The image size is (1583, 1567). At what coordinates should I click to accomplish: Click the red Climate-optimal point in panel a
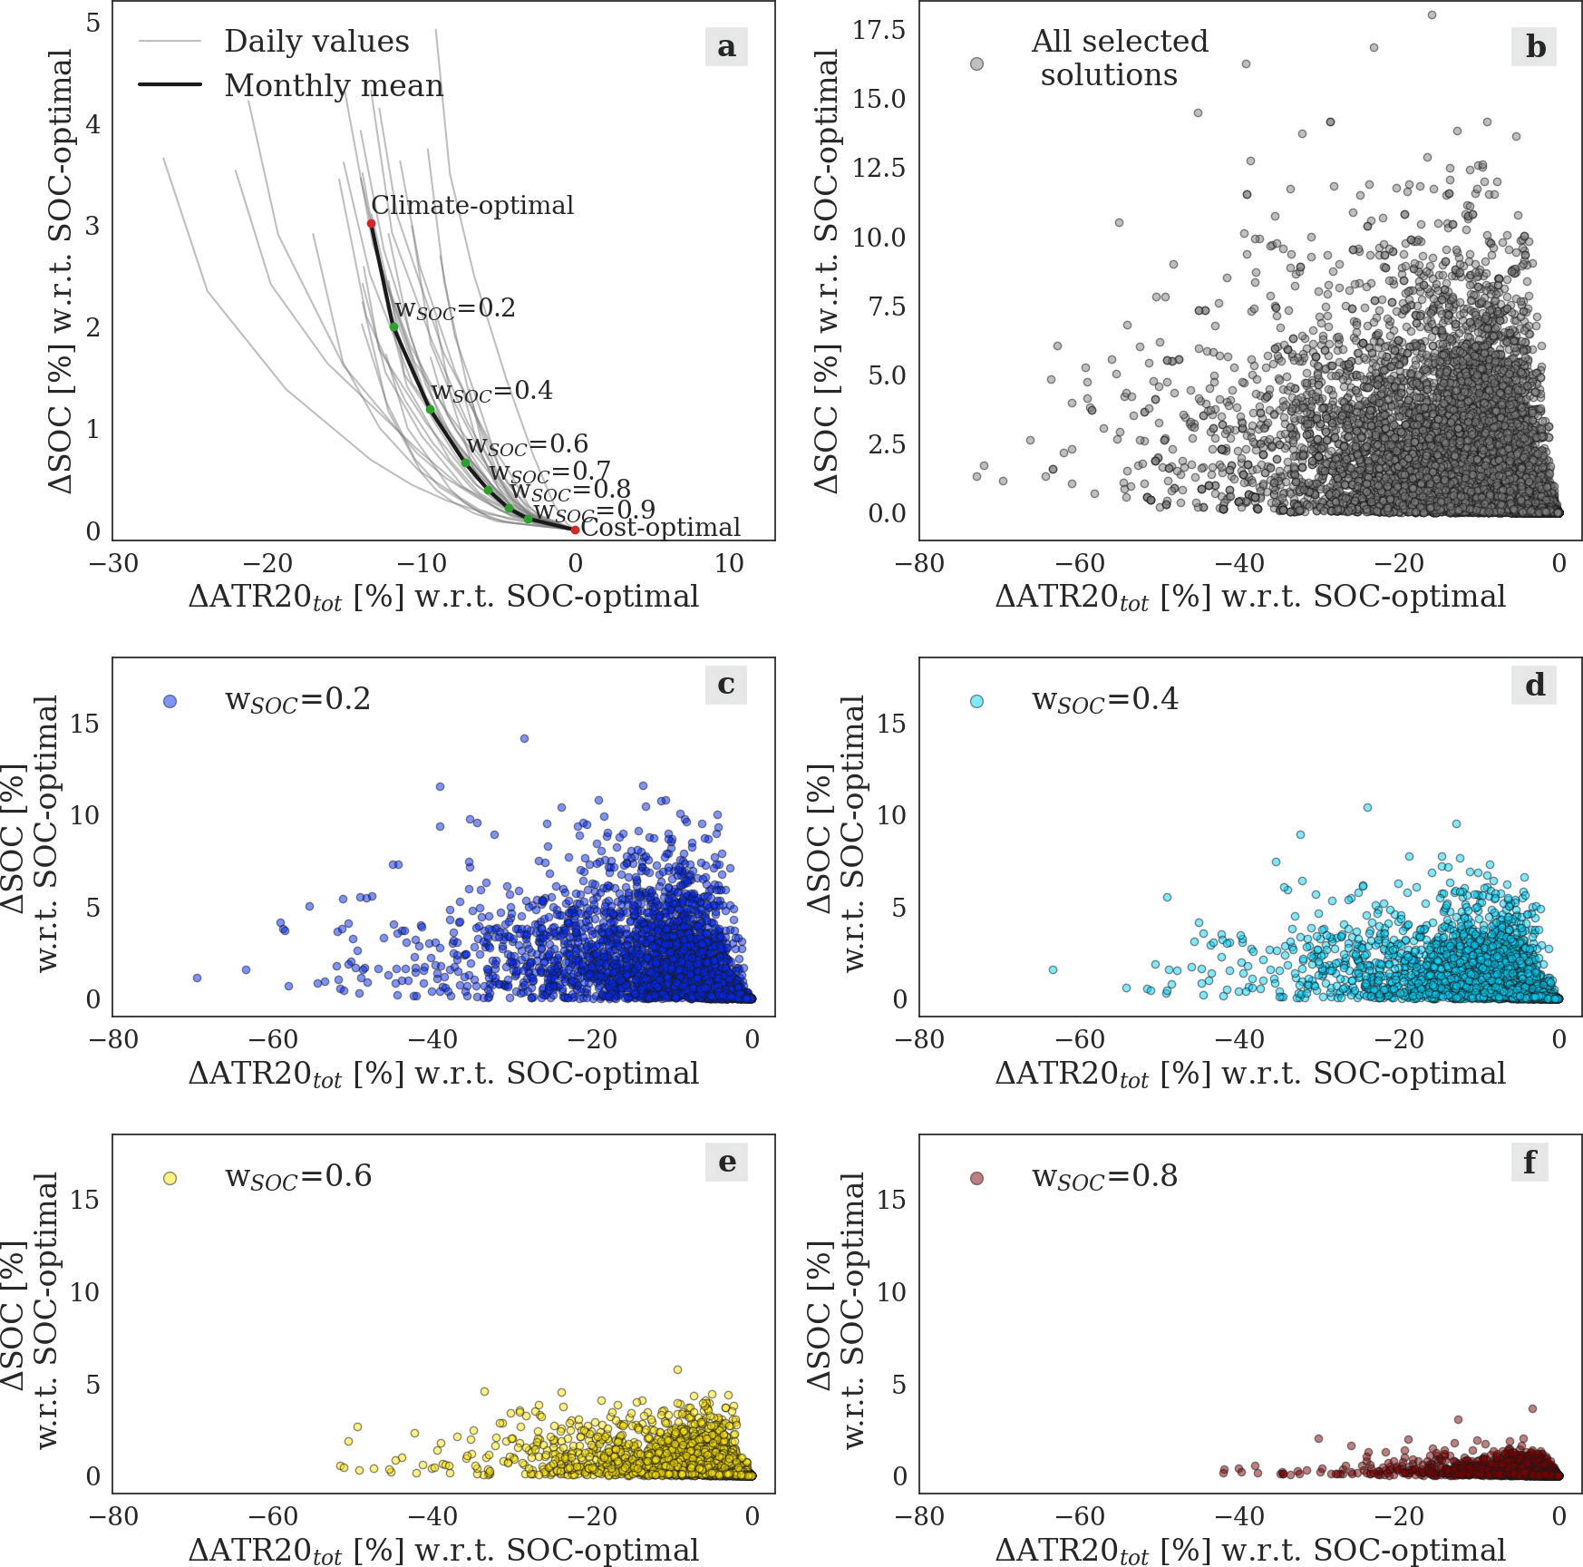coord(372,223)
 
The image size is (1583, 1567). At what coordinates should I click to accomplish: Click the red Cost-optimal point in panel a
coord(575,530)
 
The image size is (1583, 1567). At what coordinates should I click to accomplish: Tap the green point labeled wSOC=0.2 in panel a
coord(393,326)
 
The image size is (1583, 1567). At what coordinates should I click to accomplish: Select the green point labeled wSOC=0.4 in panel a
coord(431,409)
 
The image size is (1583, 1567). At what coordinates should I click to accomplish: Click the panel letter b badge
coord(1534,46)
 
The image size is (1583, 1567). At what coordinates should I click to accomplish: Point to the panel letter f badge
coord(1530,1162)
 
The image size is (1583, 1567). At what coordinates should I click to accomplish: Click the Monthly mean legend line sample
coord(170,85)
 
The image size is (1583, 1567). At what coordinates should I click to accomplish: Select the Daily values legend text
coord(316,42)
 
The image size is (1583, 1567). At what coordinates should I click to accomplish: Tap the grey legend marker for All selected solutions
coord(976,63)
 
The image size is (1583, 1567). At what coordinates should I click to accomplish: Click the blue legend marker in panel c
coord(170,701)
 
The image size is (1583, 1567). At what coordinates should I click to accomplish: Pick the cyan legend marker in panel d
coord(976,701)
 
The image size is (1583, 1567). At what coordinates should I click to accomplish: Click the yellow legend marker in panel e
coord(170,1178)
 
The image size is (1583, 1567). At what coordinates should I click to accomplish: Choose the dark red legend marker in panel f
coord(976,1178)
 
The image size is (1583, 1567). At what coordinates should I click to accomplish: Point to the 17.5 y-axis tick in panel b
coord(879,31)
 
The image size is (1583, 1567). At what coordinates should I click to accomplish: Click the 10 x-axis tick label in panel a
coord(729,564)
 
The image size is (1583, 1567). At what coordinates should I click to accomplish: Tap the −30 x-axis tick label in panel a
coord(113,564)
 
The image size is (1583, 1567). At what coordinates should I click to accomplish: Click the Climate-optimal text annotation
coord(472,206)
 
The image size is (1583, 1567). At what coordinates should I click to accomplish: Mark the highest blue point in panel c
coord(524,738)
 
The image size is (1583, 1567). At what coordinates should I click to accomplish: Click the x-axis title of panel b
coord(1250,598)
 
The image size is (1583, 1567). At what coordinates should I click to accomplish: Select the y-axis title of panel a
coord(61,272)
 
